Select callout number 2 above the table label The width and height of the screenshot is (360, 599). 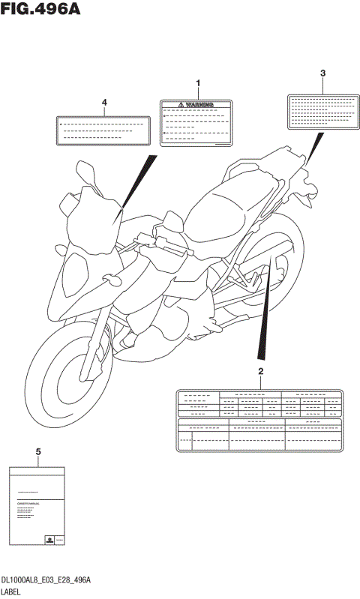tap(260, 372)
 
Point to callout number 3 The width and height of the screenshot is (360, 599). tap(322, 73)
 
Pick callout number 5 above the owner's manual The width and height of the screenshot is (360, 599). tap(37, 452)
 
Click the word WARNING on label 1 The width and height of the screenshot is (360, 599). tap(200, 106)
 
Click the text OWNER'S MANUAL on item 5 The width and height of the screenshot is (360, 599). tap(28, 504)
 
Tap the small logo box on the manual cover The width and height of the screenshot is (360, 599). tap(49, 539)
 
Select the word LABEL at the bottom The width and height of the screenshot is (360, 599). tap(13, 592)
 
